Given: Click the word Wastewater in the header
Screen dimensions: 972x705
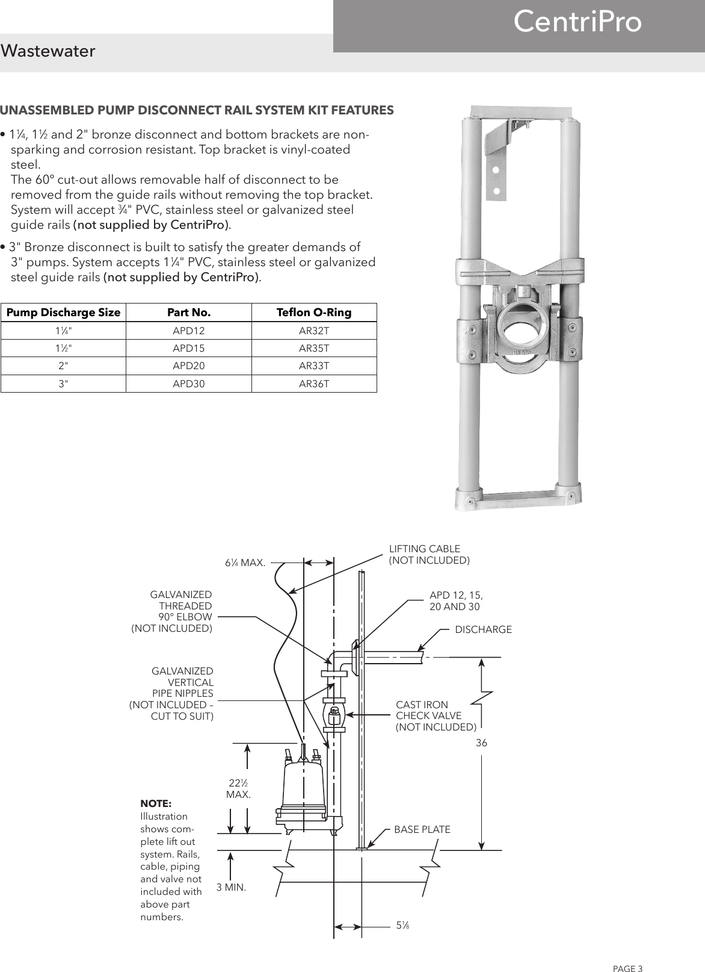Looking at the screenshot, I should tap(48, 52).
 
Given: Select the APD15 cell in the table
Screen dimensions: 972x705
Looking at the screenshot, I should tap(188, 348).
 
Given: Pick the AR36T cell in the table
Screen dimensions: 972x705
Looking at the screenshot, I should tap(314, 383).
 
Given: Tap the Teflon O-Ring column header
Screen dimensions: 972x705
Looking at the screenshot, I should tap(314, 313).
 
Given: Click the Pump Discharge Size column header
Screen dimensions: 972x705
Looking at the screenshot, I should tap(63, 313).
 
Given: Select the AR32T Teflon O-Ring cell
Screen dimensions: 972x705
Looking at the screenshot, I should tap(314, 331).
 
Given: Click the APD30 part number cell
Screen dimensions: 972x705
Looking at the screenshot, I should tap(188, 383).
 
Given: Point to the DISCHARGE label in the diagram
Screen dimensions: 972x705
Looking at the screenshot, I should tap(483, 629).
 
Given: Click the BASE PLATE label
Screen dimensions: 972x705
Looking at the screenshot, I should tap(422, 829).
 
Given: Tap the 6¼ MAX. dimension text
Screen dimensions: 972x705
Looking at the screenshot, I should tap(245, 563).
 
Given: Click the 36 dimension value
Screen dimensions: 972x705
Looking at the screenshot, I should tap(481, 743).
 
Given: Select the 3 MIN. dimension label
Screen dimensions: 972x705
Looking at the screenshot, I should tap(231, 887).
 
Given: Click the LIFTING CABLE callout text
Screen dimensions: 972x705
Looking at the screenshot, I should tap(428, 555).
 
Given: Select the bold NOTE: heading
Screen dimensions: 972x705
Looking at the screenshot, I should tap(155, 804).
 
